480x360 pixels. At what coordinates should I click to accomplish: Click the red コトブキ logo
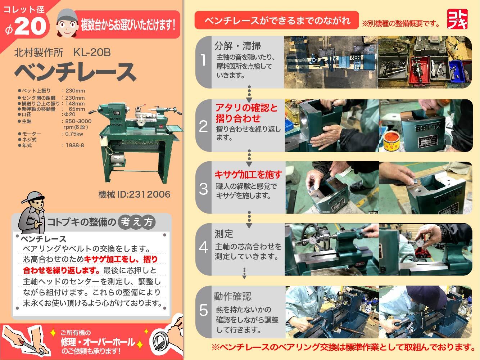(x=457, y=19)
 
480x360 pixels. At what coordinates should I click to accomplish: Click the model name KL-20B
(x=92, y=53)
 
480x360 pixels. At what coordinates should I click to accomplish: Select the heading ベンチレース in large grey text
(x=75, y=72)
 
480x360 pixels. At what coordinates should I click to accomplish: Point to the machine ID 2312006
(x=134, y=195)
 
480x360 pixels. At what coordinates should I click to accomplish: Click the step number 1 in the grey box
(x=203, y=60)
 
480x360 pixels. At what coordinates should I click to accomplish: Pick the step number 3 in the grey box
(x=203, y=189)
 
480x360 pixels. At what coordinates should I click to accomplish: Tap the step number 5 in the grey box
(x=203, y=310)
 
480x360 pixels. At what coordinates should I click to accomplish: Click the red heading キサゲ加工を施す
(x=248, y=175)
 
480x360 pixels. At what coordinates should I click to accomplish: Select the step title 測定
(x=224, y=234)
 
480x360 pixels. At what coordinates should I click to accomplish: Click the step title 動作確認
(x=232, y=297)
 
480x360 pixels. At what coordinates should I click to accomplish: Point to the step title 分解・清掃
(x=237, y=46)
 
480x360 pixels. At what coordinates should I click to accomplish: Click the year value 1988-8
(x=73, y=145)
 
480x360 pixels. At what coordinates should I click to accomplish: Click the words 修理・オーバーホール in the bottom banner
(x=98, y=342)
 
